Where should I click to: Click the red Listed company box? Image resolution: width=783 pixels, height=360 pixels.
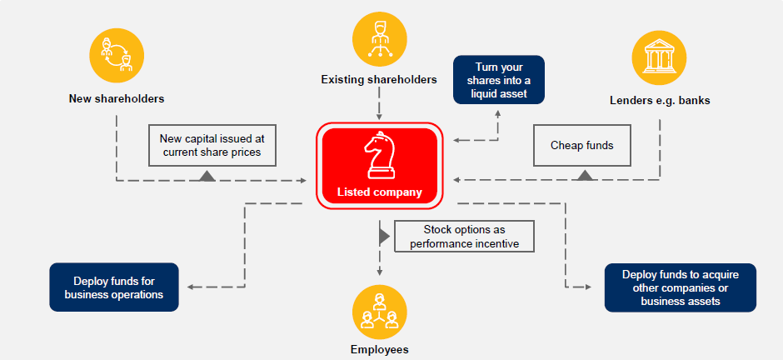pos(379,164)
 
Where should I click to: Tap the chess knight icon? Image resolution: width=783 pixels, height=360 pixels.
pos(379,154)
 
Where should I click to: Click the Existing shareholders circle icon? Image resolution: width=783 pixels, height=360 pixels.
pos(379,38)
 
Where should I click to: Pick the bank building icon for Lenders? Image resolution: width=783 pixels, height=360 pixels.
pos(660,57)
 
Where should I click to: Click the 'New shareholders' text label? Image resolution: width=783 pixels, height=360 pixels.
pos(116,98)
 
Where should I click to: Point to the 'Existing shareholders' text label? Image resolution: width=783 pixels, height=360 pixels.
pos(379,80)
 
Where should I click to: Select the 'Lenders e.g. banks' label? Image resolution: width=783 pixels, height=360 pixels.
pos(660,101)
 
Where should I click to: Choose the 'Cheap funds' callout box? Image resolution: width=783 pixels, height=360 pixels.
pos(581,146)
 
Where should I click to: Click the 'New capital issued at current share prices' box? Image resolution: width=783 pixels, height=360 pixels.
pos(212,145)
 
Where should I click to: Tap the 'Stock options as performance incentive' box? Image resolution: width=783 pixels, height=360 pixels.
pos(464,236)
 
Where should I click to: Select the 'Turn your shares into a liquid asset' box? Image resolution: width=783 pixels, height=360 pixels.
pos(498,80)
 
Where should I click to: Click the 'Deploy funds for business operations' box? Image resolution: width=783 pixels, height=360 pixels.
pos(114,287)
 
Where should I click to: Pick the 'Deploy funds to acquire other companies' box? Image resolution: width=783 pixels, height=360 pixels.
pos(680,287)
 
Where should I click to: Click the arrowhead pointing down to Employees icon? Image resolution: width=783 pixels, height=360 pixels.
pos(379,271)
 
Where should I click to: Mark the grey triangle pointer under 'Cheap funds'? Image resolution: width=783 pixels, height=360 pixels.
pos(586,174)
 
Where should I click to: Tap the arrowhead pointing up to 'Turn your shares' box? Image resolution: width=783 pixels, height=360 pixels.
pos(498,112)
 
